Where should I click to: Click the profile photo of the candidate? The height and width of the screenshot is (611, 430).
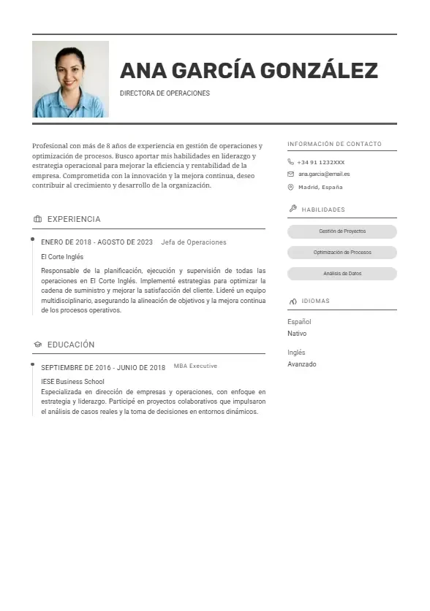[x=70, y=79]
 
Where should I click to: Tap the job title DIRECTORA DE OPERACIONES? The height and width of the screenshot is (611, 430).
[x=165, y=93]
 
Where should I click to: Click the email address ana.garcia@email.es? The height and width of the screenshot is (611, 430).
[x=324, y=174]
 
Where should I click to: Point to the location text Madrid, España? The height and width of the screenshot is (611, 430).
[x=320, y=188]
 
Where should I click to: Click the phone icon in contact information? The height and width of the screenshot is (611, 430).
[x=291, y=162]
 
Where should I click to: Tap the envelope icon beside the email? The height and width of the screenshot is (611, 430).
[x=291, y=174]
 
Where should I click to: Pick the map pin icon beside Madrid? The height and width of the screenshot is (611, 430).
[x=291, y=188]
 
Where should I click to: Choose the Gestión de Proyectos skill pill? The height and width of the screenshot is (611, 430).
[x=342, y=231]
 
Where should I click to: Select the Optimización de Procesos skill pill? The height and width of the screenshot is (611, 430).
[x=342, y=253]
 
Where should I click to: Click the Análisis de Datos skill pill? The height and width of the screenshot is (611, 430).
[x=342, y=274]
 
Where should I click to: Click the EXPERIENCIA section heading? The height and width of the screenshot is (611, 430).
[x=74, y=219]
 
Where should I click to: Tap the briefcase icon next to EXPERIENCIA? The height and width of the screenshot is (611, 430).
[x=37, y=219]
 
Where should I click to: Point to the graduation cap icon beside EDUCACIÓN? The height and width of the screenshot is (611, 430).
[x=37, y=345]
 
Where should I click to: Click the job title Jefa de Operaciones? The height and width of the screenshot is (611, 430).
[x=194, y=242]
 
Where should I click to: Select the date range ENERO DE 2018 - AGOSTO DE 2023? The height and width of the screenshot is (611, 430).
[x=97, y=242]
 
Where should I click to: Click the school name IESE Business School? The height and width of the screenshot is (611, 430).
[x=72, y=382]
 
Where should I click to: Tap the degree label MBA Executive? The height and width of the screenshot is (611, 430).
[x=195, y=366]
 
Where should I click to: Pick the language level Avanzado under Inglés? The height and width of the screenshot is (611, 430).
[x=302, y=364]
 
